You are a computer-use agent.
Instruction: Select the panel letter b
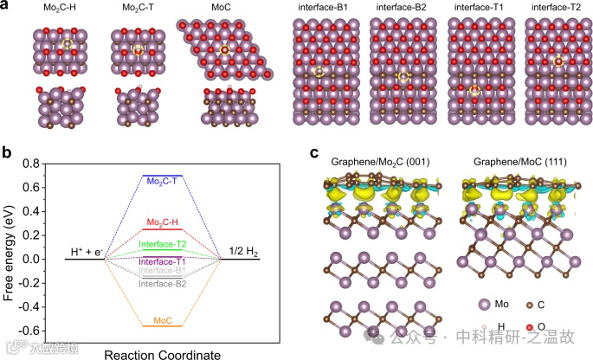[x=6, y=153]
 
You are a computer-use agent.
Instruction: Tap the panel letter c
[x=314, y=153]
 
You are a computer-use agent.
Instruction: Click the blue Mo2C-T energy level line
[x=163, y=176]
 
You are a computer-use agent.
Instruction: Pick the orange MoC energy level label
[x=163, y=319]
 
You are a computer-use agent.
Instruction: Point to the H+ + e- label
[x=87, y=252]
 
